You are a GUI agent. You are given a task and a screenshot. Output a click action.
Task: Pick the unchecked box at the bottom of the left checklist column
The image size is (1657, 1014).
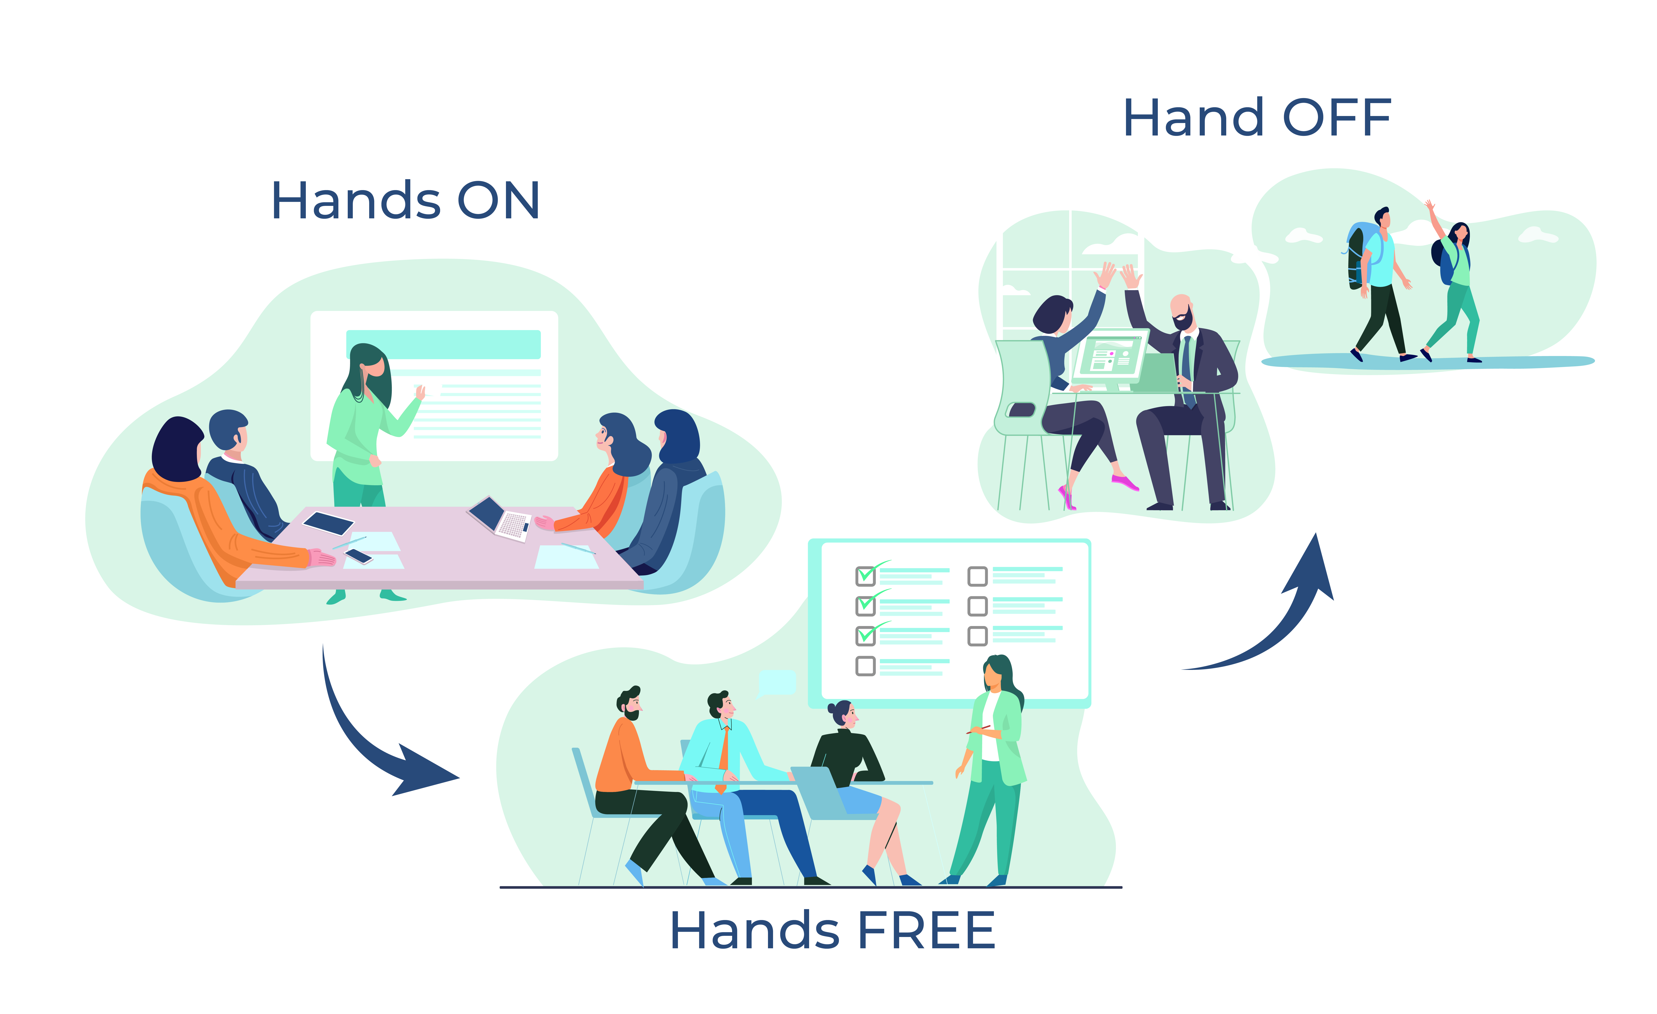pyautogui.click(x=865, y=666)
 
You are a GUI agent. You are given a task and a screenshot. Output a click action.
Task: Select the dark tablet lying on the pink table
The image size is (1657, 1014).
pyautogui.click(x=328, y=523)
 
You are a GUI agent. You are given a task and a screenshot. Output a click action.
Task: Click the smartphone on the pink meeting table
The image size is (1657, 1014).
pyautogui.click(x=358, y=556)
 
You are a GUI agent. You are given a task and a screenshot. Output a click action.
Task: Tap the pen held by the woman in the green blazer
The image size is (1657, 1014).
pyautogui.click(x=978, y=729)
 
